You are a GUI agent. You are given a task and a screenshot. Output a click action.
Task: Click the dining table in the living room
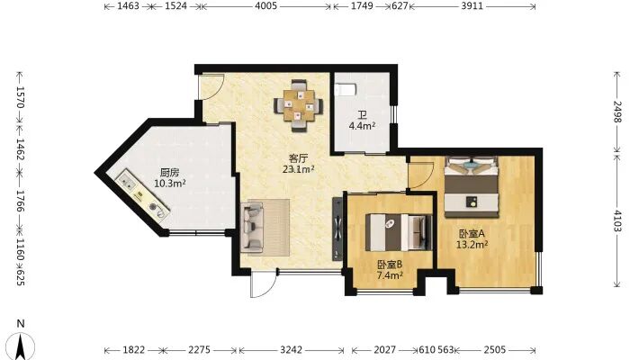coord(299,105)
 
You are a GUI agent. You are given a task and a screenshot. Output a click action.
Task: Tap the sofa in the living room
coord(253,227)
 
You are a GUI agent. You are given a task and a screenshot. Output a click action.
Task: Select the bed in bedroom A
coord(472,186)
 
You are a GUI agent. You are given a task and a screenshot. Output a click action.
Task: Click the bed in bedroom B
coord(398,232)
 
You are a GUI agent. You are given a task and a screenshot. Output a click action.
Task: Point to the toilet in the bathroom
coord(345,89)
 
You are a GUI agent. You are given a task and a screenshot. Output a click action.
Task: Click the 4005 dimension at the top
coord(265,6)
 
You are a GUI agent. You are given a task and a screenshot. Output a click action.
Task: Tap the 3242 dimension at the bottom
coord(292,350)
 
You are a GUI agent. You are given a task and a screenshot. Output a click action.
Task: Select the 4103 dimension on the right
coord(618,220)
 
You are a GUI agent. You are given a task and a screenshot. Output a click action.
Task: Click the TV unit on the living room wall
coord(337,229)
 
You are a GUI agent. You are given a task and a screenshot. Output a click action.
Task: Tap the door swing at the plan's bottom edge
coord(264,283)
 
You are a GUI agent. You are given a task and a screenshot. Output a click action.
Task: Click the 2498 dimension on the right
coord(618,112)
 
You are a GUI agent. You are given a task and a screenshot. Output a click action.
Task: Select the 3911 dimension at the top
coord(472,6)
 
